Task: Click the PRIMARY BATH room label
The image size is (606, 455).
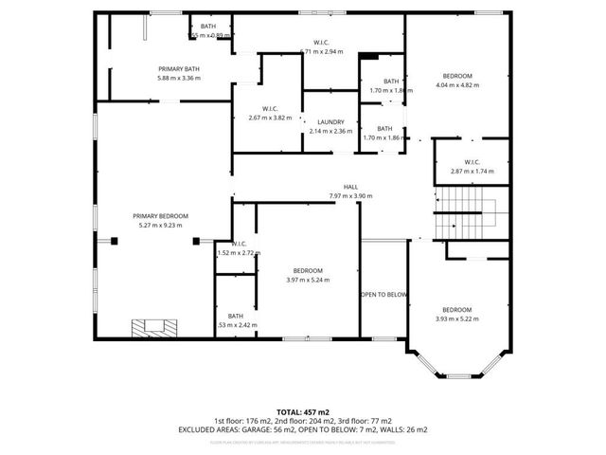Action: coord(178,69)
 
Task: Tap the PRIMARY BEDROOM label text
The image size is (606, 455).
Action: coord(160,216)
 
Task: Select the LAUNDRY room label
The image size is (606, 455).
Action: coord(330,121)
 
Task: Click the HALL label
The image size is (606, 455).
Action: coord(350,187)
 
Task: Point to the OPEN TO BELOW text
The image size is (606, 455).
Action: coord(383,295)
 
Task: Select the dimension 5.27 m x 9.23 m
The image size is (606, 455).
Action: coord(160,226)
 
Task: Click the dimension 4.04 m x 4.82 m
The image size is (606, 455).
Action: coord(456,85)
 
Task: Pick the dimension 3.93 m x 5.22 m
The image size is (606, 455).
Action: coord(456,319)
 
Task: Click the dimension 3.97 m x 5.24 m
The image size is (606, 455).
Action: coord(308,280)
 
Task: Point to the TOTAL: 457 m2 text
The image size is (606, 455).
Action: coord(303,412)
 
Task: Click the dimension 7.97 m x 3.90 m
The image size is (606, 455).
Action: coord(350,196)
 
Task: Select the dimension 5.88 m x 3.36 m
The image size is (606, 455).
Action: coord(178,79)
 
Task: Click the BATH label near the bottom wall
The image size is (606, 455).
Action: coord(236,316)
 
